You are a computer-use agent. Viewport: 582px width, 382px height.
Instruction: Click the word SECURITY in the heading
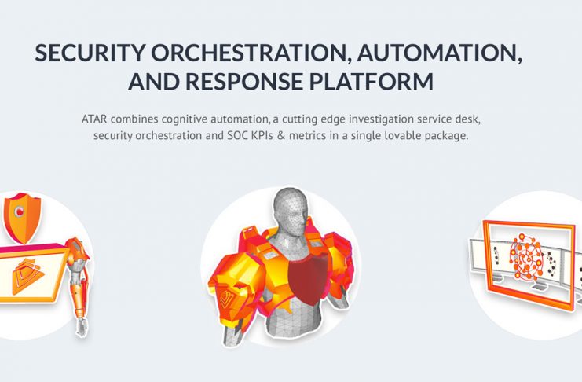pyautogui.click(x=89, y=53)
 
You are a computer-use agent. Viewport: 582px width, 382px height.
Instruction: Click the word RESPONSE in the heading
pyautogui.click(x=243, y=82)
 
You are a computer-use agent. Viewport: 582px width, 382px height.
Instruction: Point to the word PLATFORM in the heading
pyautogui.click(x=372, y=82)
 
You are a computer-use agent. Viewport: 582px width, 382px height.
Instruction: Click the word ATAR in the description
pyautogui.click(x=94, y=119)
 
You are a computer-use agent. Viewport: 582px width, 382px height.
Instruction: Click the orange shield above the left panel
pyautogui.click(x=22, y=218)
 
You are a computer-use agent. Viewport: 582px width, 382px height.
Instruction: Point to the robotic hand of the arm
pyautogui.click(x=81, y=326)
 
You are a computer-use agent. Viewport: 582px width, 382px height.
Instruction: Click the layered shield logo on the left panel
pyautogui.click(x=27, y=276)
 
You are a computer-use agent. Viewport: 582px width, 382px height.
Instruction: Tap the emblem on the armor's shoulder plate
pyautogui.click(x=225, y=299)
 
